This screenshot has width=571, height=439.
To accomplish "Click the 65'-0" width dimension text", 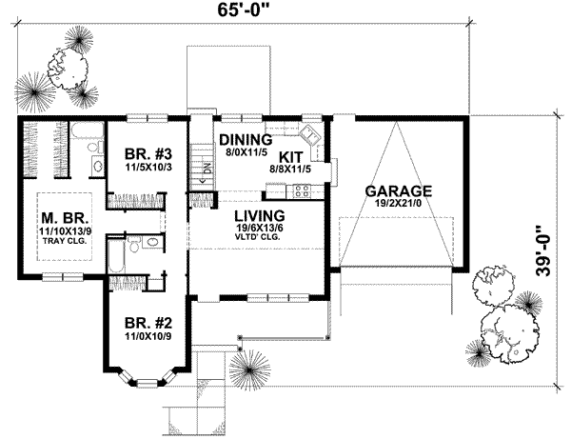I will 239,12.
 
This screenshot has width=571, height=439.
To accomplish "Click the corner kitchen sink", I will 310,133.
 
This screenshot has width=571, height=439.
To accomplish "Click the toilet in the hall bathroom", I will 136,248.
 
